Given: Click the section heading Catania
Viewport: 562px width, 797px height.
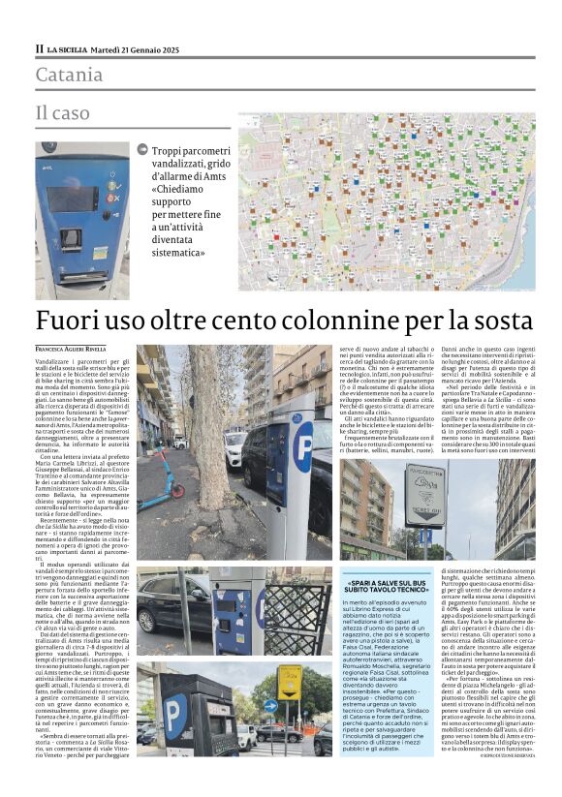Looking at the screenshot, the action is [68, 75].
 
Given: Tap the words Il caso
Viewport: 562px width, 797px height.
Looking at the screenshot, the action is [62, 113].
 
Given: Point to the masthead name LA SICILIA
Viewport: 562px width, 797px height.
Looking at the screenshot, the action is [68, 49].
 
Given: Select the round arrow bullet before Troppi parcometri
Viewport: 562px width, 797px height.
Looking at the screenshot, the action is [143, 150].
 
